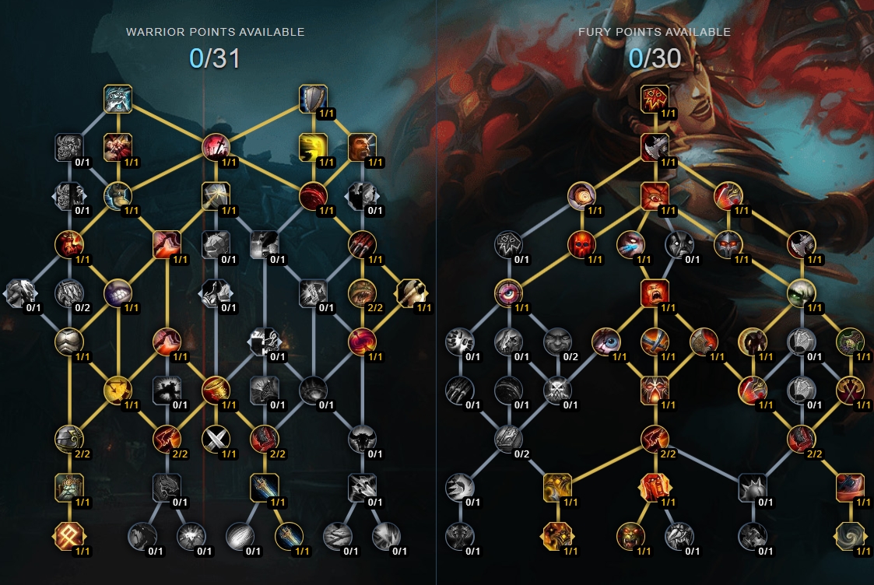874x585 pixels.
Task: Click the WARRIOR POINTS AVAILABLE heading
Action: (x=215, y=32)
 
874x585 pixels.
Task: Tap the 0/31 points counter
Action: (x=215, y=58)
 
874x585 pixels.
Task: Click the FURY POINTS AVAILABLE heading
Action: (x=655, y=32)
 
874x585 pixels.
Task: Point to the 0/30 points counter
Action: (x=655, y=58)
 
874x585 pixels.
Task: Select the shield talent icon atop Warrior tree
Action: (x=313, y=99)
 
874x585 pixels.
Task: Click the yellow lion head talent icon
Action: (x=313, y=148)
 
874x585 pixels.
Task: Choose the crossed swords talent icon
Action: (x=216, y=440)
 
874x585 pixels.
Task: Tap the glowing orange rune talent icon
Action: (x=69, y=537)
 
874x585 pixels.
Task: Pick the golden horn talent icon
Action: (x=216, y=391)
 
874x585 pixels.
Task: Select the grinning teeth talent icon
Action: (x=118, y=293)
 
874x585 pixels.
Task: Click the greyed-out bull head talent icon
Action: (x=362, y=440)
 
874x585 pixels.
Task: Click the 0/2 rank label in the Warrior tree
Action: (x=82, y=307)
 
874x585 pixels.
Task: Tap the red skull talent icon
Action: (x=581, y=244)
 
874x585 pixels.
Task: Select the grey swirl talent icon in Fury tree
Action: (x=849, y=537)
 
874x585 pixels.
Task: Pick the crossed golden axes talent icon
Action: (x=849, y=391)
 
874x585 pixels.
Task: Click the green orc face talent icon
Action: (x=630, y=537)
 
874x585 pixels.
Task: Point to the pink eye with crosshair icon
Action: (x=508, y=293)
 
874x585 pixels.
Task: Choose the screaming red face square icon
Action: (x=655, y=293)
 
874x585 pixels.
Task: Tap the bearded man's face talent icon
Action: (x=362, y=148)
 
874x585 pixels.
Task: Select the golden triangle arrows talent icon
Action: (x=118, y=391)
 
